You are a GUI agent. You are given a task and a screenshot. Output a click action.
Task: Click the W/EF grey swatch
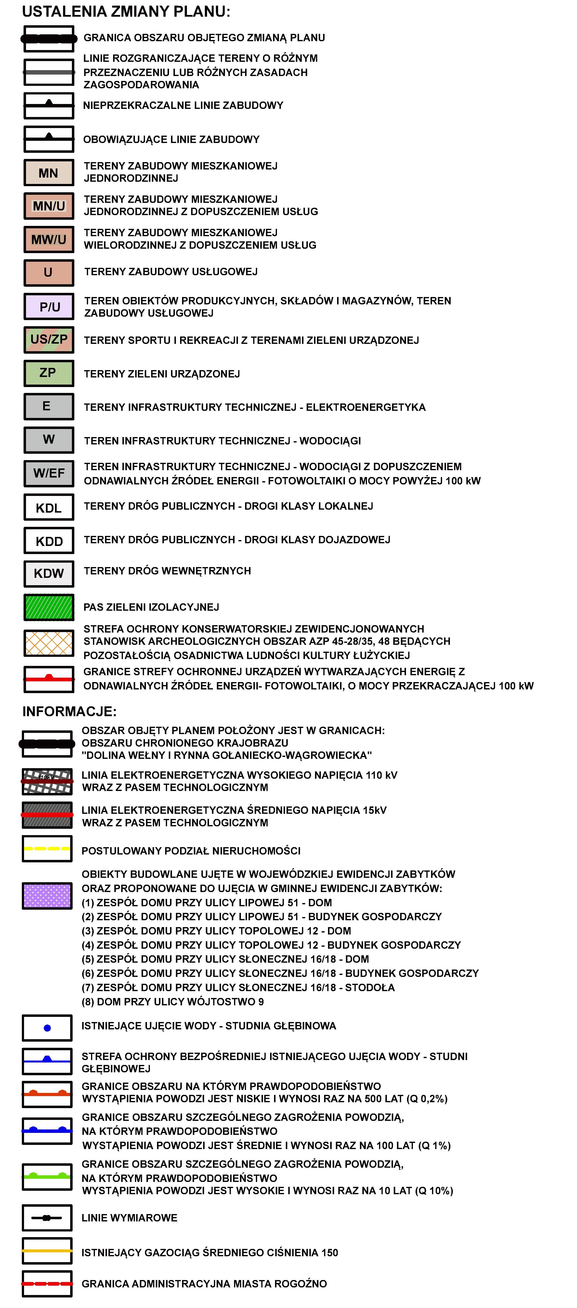point(49,473)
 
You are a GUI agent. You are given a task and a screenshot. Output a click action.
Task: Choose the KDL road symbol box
point(49,507)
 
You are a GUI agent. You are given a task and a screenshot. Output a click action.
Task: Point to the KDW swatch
point(49,573)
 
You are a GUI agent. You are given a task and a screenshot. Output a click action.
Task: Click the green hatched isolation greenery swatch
point(49,607)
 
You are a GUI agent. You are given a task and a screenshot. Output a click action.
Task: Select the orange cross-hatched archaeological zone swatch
point(49,643)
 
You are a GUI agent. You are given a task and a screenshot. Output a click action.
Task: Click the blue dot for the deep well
point(47,1028)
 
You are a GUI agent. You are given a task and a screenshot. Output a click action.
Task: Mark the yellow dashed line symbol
point(47,848)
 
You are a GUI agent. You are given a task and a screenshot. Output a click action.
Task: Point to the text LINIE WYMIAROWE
point(130,1217)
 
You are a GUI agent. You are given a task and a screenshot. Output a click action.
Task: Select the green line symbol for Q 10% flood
point(47,1177)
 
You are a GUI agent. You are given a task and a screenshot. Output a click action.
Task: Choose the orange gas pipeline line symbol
point(47,1251)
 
